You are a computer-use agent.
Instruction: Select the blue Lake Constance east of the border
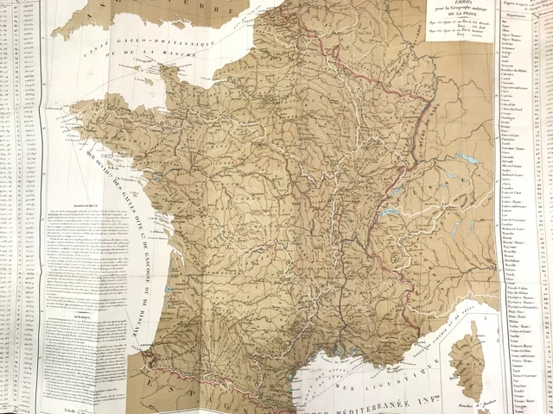point(467,160)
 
